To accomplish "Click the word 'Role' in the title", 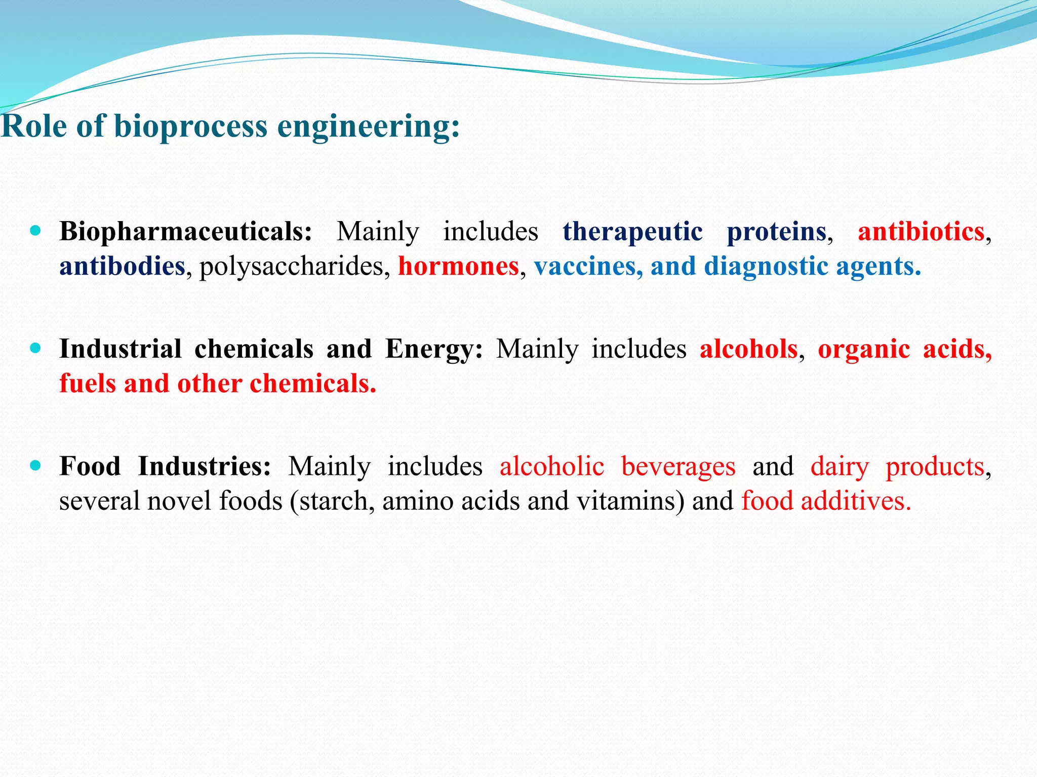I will click(33, 126).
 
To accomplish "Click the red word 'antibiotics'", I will click(921, 232).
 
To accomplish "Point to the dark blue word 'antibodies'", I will click(122, 266).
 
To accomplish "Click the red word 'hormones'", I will click(458, 266).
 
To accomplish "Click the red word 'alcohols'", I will click(748, 349).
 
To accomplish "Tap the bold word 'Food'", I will click(90, 466).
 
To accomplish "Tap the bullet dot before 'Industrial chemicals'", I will click(35, 348).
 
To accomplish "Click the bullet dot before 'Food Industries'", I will click(35, 465).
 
